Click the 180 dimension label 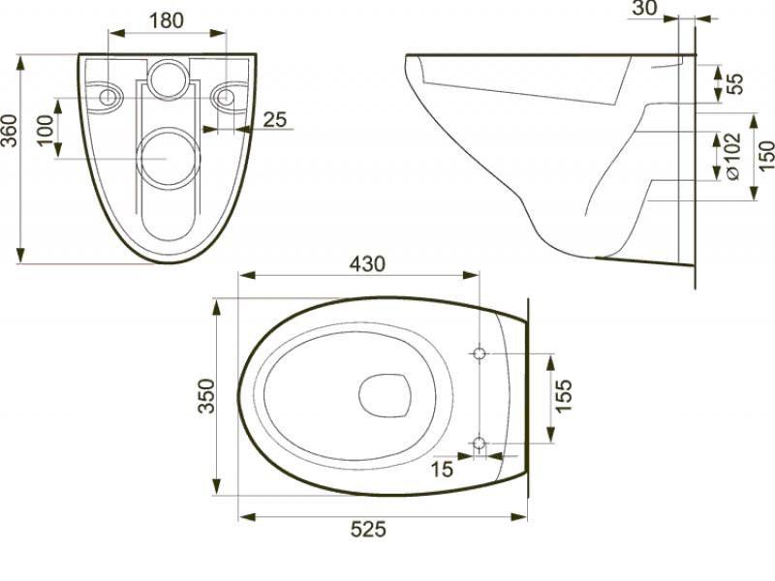click(x=167, y=20)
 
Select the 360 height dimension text click(x=10, y=131)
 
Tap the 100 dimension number click(x=46, y=131)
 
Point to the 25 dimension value click(x=275, y=119)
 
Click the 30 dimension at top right click(x=645, y=8)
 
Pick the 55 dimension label click(x=735, y=83)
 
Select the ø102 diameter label click(x=732, y=156)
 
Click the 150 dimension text click(x=766, y=156)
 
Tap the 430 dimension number click(x=367, y=264)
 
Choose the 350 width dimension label click(x=206, y=396)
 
